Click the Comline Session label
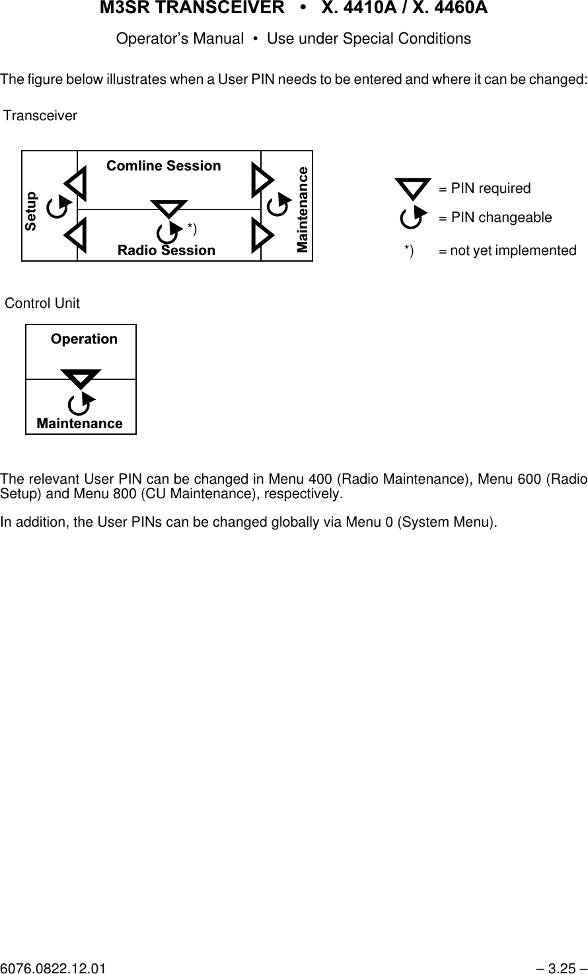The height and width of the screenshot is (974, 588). click(164, 166)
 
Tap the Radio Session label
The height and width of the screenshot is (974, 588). click(166, 250)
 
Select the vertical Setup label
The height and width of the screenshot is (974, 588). click(31, 211)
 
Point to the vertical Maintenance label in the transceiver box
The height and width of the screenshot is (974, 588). click(303, 209)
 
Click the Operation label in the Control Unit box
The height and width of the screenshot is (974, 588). click(84, 339)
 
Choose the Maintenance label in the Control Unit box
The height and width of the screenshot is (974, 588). click(80, 424)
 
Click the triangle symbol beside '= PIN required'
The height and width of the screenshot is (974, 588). click(413, 188)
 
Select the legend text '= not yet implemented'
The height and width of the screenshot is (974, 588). click(507, 251)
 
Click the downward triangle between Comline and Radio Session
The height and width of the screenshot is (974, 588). click(168, 209)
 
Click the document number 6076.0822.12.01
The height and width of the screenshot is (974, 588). click(53, 969)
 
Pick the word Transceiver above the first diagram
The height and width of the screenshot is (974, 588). click(40, 116)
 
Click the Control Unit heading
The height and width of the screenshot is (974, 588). click(42, 304)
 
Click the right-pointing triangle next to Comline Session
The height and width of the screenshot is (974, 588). click(262, 180)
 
